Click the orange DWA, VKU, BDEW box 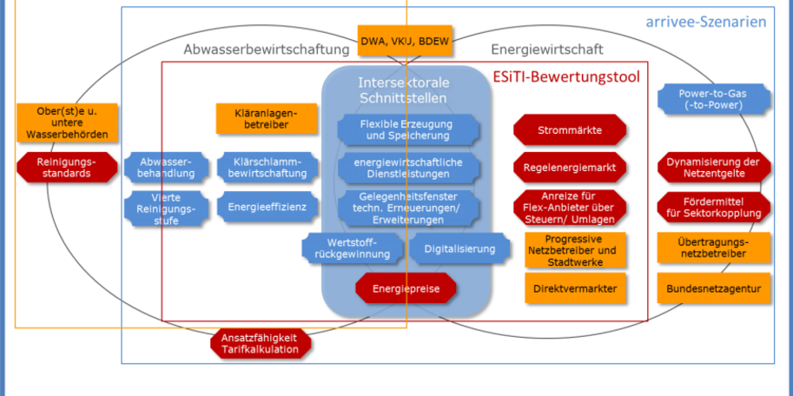(x=405, y=40)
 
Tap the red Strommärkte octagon (x=570, y=130)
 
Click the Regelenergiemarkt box (x=570, y=167)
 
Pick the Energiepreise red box (x=406, y=287)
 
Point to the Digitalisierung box (x=459, y=249)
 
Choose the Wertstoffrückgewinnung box (x=353, y=248)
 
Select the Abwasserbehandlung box (x=167, y=166)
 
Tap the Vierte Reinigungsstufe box (x=167, y=208)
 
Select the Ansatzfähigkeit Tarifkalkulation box (x=260, y=343)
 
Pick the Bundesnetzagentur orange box (x=713, y=287)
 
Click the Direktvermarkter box (x=570, y=287)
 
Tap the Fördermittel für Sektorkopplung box (x=713, y=208)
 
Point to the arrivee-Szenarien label (x=705, y=21)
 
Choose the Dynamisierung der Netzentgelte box (x=713, y=167)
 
